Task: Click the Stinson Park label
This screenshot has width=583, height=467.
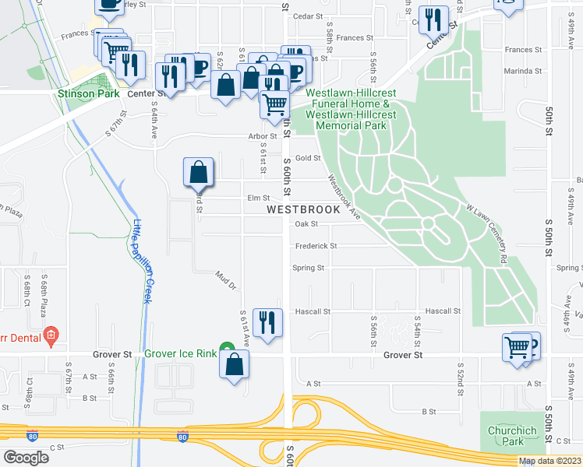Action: [x=87, y=93]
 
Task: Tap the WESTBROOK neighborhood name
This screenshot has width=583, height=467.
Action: [x=303, y=210]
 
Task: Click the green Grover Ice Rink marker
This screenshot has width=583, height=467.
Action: [x=226, y=348]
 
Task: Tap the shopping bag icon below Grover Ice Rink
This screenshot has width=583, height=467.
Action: [x=235, y=364]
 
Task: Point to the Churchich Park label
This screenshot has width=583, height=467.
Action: [x=512, y=436]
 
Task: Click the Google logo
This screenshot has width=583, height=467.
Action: [x=26, y=457]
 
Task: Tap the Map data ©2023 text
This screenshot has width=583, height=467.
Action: [x=549, y=461]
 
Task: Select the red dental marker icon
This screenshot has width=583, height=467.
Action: [x=51, y=337]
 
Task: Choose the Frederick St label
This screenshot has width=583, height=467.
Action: [x=316, y=246]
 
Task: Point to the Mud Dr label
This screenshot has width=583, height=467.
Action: [x=226, y=280]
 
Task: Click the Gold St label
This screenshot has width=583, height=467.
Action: [x=308, y=158]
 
